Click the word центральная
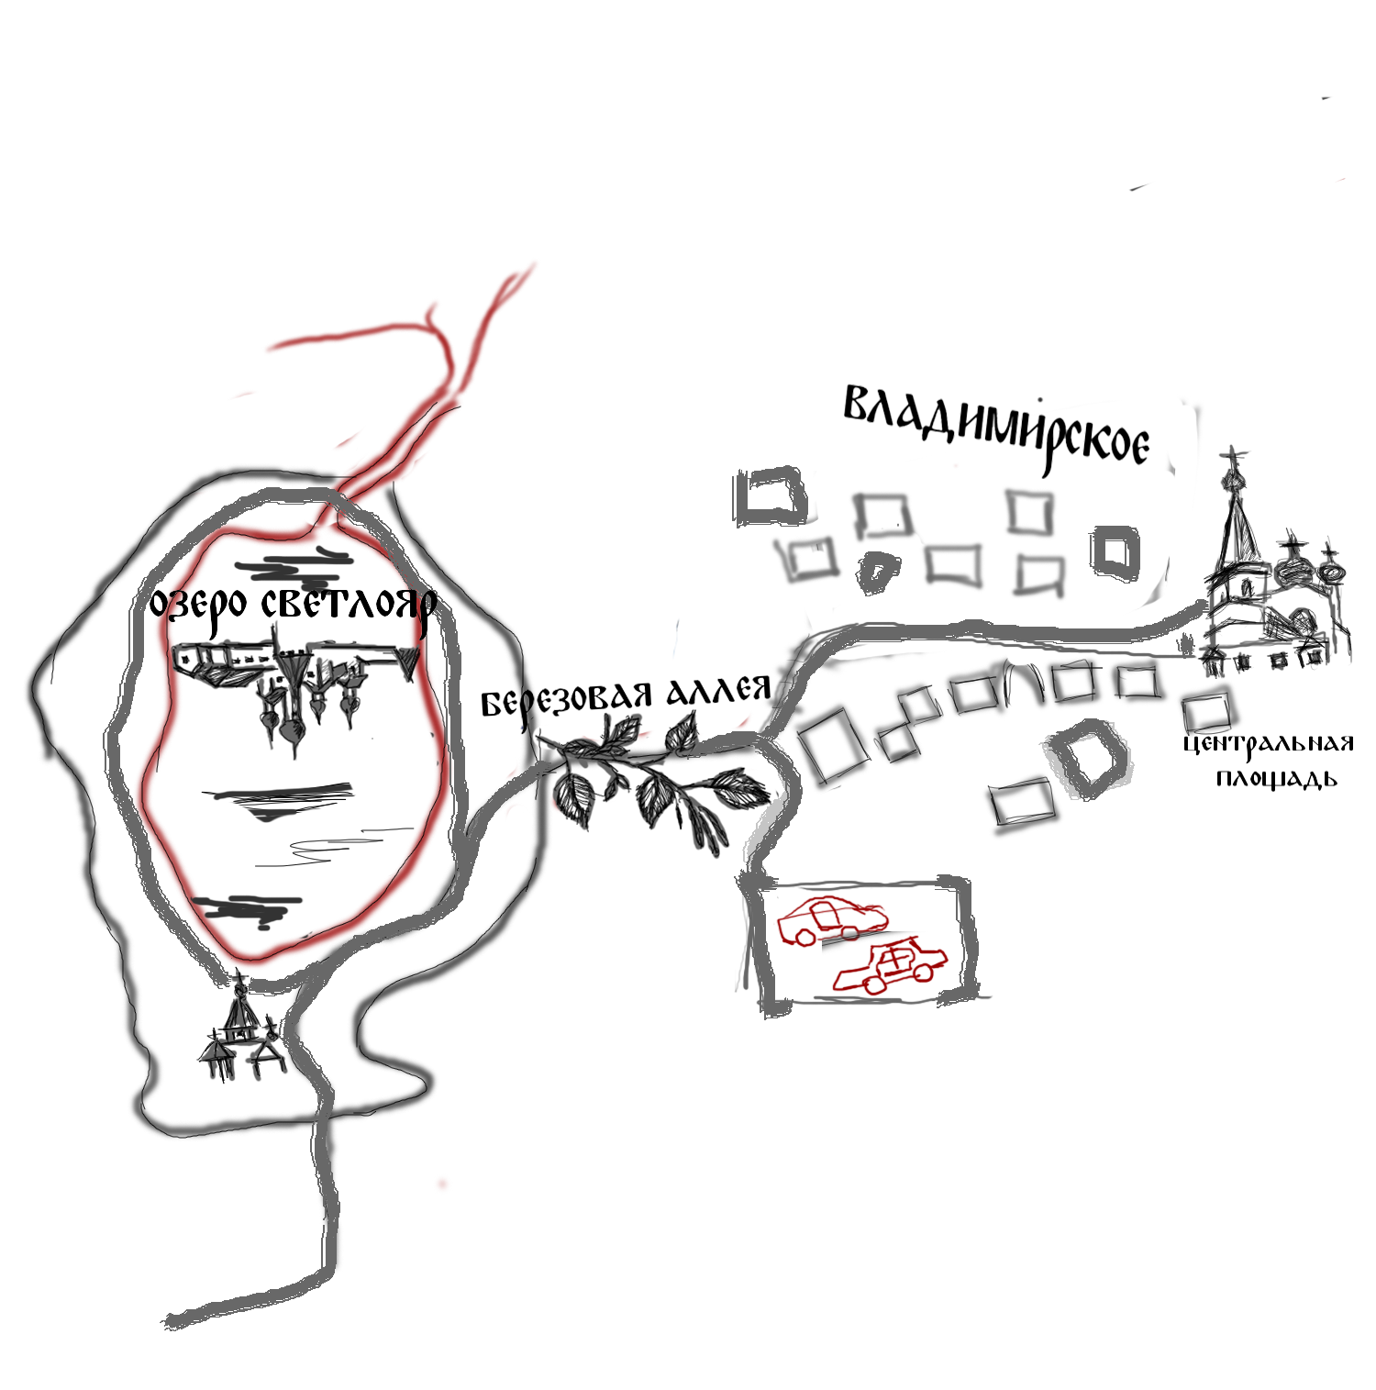pos(1269,743)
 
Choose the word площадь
pos(1277,779)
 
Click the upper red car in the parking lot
pos(831,920)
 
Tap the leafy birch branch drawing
pos(647,771)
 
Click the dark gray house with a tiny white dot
pos(1116,554)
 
